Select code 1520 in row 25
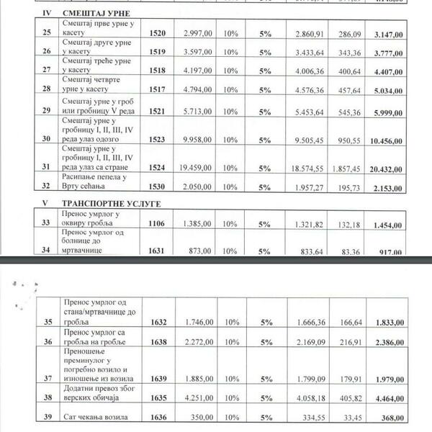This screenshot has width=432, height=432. [158, 33]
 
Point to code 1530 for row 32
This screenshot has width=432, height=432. [158, 186]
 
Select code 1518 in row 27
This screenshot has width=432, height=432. [158, 71]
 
